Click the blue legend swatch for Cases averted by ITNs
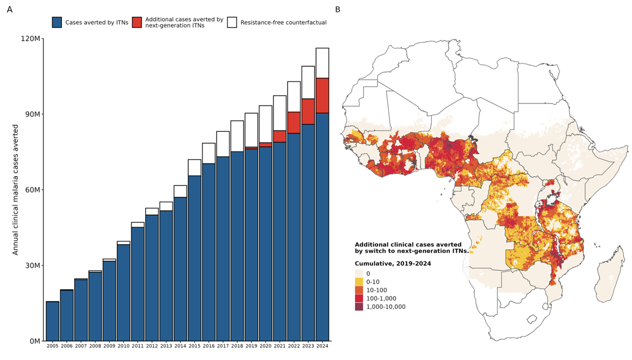click(x=57, y=22)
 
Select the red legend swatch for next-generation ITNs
click(x=137, y=22)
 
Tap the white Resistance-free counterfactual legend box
click(x=232, y=22)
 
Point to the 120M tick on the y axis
click(x=31, y=39)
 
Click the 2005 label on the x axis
click(x=53, y=345)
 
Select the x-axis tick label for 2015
click(x=195, y=345)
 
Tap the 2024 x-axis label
click(x=322, y=345)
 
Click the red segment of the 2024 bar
click(x=322, y=95)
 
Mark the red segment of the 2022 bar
click(x=294, y=122)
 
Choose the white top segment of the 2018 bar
click(x=237, y=136)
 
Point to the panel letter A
click(x=10, y=9)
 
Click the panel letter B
click(x=338, y=9)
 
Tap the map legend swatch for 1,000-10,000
click(x=359, y=307)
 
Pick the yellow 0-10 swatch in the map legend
click(x=359, y=282)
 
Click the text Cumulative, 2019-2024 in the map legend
click(x=393, y=263)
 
